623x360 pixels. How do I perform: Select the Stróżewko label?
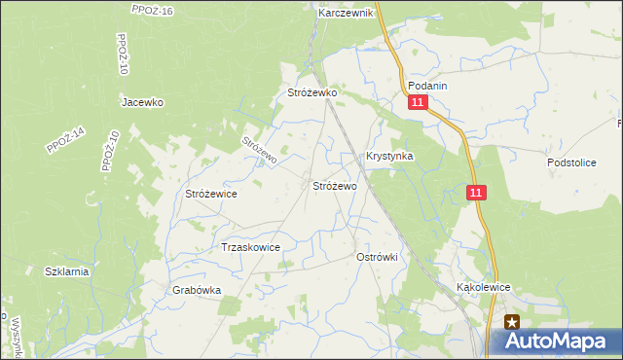pyautogui.click(x=311, y=92)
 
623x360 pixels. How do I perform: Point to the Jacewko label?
pyautogui.click(x=142, y=101)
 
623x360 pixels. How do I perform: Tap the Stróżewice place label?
pyautogui.click(x=211, y=194)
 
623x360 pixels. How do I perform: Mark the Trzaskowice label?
pyautogui.click(x=251, y=247)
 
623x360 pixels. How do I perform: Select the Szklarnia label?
pyautogui.click(x=66, y=272)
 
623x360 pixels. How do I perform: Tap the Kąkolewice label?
pyautogui.click(x=484, y=289)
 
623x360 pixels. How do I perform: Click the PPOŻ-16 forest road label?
pyautogui.click(x=151, y=10)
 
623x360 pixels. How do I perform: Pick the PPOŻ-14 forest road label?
pyautogui.click(x=66, y=141)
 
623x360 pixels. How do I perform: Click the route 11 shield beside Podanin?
pyautogui.click(x=418, y=103)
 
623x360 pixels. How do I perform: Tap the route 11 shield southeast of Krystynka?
pyautogui.click(x=475, y=194)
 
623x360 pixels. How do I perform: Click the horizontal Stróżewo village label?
pyautogui.click(x=334, y=185)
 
